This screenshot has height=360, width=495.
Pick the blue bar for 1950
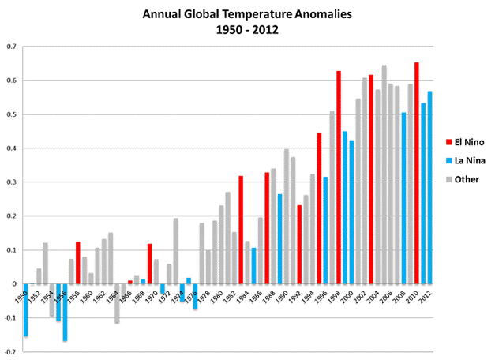26,310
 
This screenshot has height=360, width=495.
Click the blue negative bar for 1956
65,313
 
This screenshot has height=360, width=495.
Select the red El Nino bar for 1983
241,230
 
